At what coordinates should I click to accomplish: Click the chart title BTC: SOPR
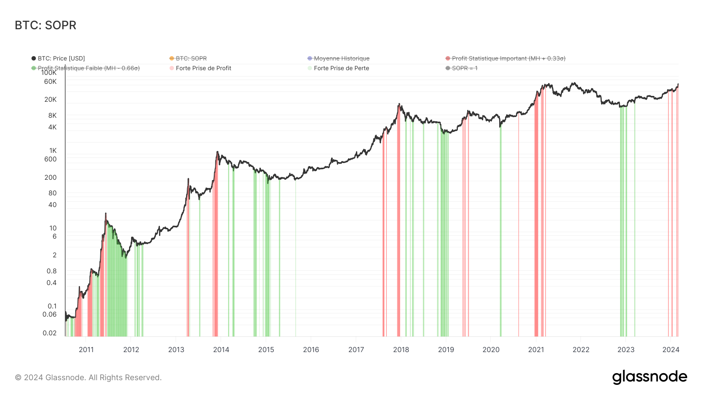[46, 25]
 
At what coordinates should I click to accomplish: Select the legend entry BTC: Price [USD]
[61, 58]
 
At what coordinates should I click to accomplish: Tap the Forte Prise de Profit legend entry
[203, 68]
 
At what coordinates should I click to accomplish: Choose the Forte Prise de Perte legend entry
[341, 68]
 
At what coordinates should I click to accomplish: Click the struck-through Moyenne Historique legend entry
[341, 58]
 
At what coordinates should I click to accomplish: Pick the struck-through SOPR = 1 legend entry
[464, 68]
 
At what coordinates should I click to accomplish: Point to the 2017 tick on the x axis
[356, 350]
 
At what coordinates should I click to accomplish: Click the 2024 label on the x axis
[671, 350]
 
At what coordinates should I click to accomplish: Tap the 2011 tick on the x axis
[86, 350]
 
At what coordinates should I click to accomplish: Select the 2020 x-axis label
[491, 350]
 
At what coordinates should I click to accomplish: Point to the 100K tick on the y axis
[49, 73]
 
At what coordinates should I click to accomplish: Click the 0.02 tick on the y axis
[50, 333]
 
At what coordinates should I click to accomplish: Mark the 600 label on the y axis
[50, 159]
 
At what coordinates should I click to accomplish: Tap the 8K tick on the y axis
[52, 115]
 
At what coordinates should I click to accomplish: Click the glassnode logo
[649, 377]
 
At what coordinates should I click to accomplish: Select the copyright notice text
[88, 377]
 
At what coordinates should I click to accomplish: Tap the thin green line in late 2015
[296, 257]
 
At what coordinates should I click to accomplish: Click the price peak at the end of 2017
[399, 104]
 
